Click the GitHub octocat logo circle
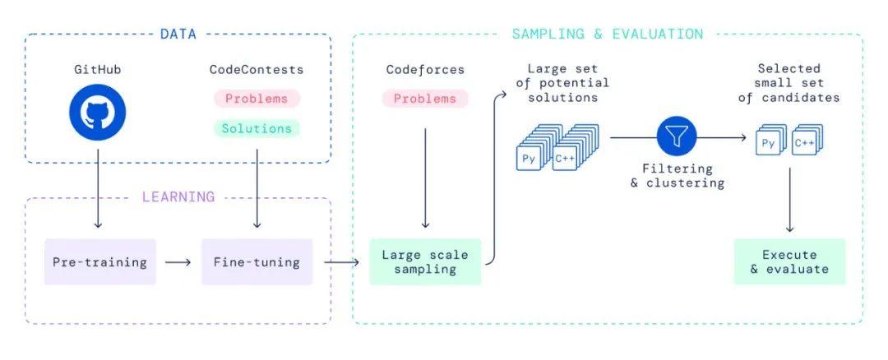[x=97, y=112]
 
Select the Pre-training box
[x=99, y=262]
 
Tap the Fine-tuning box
[x=257, y=262]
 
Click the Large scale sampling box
[x=425, y=262]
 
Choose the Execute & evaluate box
[x=789, y=262]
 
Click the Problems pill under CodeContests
[x=257, y=99]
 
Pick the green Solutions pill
[x=257, y=128]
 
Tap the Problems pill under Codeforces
[x=425, y=99]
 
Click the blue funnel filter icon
[x=676, y=137]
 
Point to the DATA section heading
[x=178, y=34]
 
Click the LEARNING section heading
[x=178, y=197]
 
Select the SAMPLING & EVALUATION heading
[x=607, y=34]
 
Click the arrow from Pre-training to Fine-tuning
[x=178, y=263]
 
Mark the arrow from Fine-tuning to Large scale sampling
[x=341, y=262]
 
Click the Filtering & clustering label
[x=677, y=176]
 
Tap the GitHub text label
[x=97, y=70]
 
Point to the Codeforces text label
[x=425, y=70]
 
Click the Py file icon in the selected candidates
[x=770, y=141]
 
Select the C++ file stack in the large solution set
[x=574, y=147]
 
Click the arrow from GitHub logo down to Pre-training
[x=97, y=188]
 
